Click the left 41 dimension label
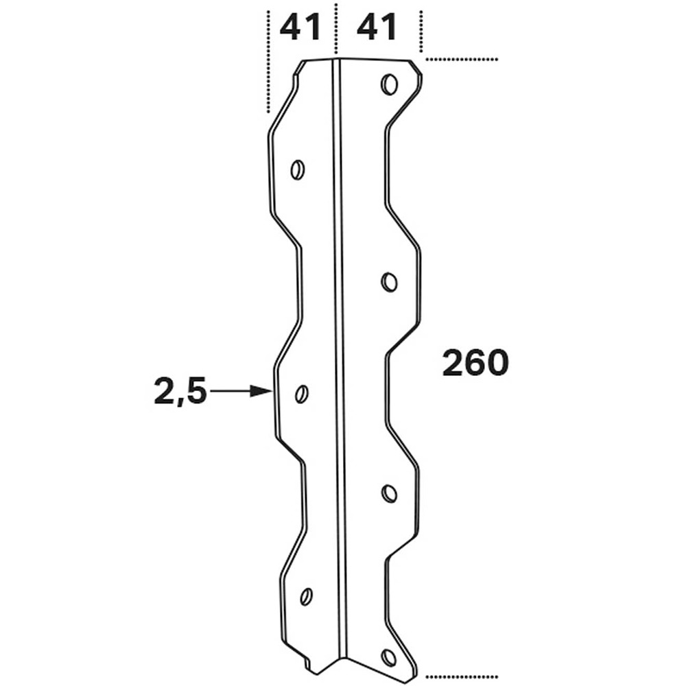[300, 28]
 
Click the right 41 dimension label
[377, 28]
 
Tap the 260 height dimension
[475, 363]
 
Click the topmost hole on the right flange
[389, 85]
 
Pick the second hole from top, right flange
[389, 282]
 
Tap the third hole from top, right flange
[389, 493]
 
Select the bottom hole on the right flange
[389, 658]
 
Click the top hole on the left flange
[298, 169]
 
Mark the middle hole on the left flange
[301, 394]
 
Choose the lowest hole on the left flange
[306, 595]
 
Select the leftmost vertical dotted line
[266, 62]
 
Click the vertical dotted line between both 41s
[335, 27]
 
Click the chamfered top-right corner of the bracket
[416, 67]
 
